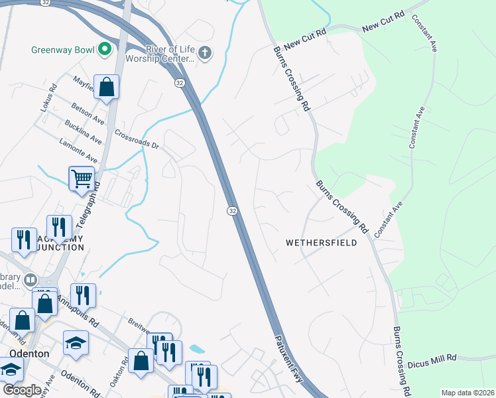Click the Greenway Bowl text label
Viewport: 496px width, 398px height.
coord(62,49)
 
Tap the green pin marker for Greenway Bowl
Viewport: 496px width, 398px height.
coord(105,48)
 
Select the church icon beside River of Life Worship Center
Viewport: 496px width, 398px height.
coord(206,52)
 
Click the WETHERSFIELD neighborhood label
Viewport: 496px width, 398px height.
coord(321,243)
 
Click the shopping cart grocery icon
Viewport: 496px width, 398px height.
coord(81,178)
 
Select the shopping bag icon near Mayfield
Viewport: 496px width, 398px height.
coord(106,86)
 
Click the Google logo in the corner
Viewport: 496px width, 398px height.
coord(22,390)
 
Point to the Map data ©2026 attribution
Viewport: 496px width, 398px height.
coord(467,393)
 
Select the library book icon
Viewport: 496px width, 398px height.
coord(29,280)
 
